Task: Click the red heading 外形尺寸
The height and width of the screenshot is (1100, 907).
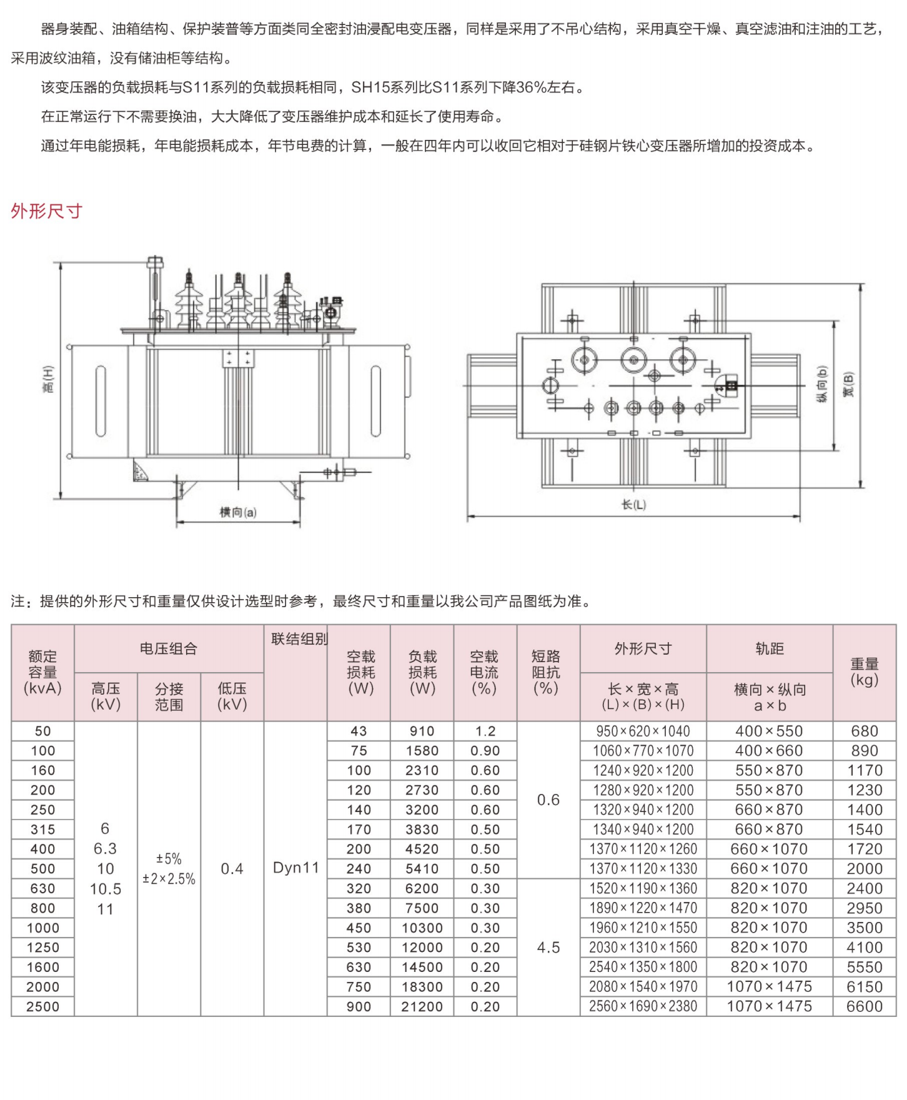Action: pos(47,211)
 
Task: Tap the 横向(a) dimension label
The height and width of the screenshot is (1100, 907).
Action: pos(238,512)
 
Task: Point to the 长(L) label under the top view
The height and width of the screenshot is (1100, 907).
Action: pos(633,504)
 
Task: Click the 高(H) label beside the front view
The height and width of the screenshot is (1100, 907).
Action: pos(49,379)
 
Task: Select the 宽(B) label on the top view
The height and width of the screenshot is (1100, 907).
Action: pos(848,384)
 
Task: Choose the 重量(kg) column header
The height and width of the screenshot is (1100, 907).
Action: pos(864,671)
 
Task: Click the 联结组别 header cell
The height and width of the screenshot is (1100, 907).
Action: pos(299,639)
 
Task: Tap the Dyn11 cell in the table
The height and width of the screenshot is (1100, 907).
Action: pos(296,868)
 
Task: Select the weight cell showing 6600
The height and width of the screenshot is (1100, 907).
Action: pos(864,1006)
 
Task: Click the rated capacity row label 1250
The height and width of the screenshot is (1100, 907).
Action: pos(43,948)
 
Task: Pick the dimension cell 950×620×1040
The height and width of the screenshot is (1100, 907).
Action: pos(643,731)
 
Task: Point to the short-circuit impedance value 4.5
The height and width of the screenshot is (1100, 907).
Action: pos(548,948)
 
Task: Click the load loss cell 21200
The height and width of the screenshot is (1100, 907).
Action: pos(422,1006)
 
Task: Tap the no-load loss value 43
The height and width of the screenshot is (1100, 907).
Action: pos(359,731)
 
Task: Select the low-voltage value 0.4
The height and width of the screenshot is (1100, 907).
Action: pos(232,869)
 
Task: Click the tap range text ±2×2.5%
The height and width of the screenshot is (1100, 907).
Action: pos(169,879)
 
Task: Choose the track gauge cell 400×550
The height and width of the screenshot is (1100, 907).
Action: pos(769,731)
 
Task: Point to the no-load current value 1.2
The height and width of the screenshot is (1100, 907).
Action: pos(485,731)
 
